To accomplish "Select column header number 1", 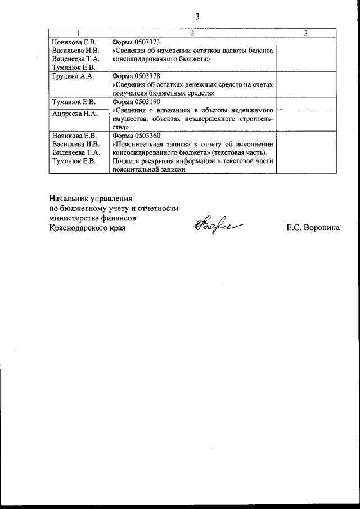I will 78,34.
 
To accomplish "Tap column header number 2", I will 192,34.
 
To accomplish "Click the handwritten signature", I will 213,224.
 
